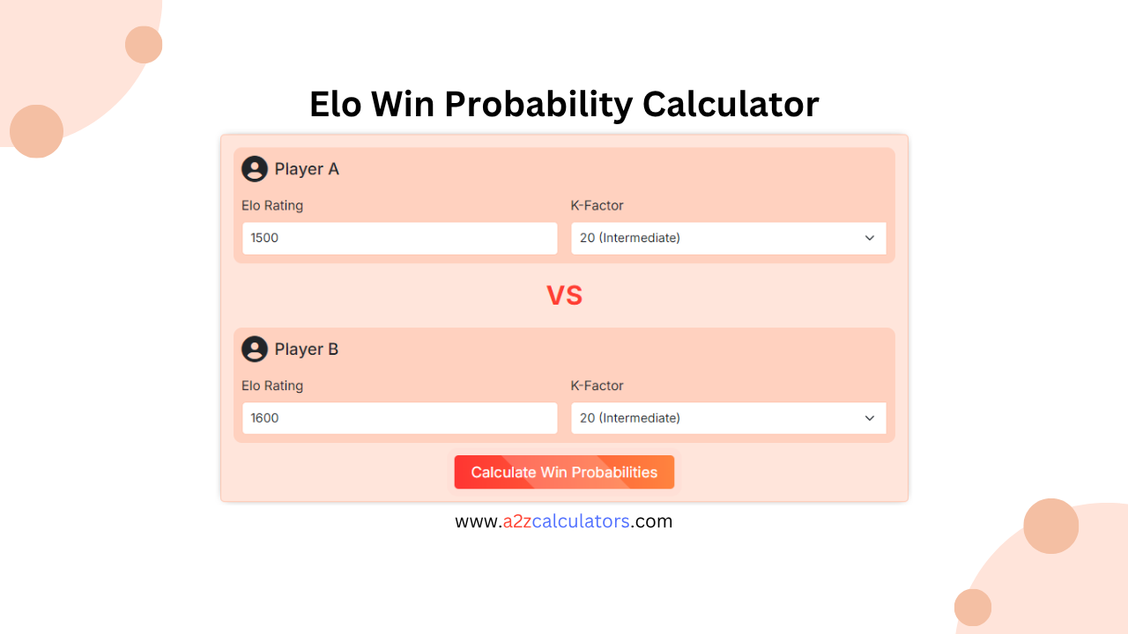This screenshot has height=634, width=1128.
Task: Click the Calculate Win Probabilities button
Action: [564, 472]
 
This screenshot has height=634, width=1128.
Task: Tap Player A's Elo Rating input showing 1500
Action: [399, 238]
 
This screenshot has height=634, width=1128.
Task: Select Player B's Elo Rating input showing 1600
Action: [399, 418]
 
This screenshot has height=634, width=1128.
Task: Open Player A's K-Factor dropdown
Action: [728, 238]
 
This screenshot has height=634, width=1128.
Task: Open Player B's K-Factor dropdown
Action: [728, 418]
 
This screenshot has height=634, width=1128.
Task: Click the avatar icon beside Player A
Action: [255, 169]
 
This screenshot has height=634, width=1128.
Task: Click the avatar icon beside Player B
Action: [255, 350]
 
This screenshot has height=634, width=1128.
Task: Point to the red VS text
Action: [564, 296]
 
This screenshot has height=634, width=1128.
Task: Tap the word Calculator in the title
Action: [731, 105]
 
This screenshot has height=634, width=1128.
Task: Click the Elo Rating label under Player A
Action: [272, 206]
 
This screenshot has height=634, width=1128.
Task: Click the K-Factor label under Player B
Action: [597, 386]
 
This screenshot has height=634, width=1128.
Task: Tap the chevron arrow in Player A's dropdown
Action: [870, 238]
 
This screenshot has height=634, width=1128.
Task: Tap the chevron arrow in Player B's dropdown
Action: [870, 418]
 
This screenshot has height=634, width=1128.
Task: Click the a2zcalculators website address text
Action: [564, 521]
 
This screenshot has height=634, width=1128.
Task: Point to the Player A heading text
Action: [307, 169]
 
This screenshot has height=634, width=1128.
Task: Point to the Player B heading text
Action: [307, 350]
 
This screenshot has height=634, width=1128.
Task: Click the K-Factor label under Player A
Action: [597, 206]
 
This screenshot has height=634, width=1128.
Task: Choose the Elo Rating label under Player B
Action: [272, 386]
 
